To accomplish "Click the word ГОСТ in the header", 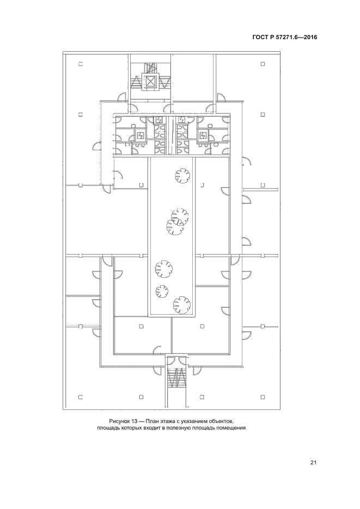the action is [259, 38].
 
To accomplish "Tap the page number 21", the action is [313, 463].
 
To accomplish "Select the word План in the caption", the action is [151, 421].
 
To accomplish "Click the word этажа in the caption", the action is [165, 421].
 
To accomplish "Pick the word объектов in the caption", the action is [221, 421].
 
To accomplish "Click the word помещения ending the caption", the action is [234, 428].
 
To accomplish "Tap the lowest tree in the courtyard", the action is [182, 304].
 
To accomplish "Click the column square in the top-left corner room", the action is [81, 64].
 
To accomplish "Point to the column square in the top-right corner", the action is [263, 64].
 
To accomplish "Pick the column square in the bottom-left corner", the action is [81, 397].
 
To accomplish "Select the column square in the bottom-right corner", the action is [263, 397].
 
